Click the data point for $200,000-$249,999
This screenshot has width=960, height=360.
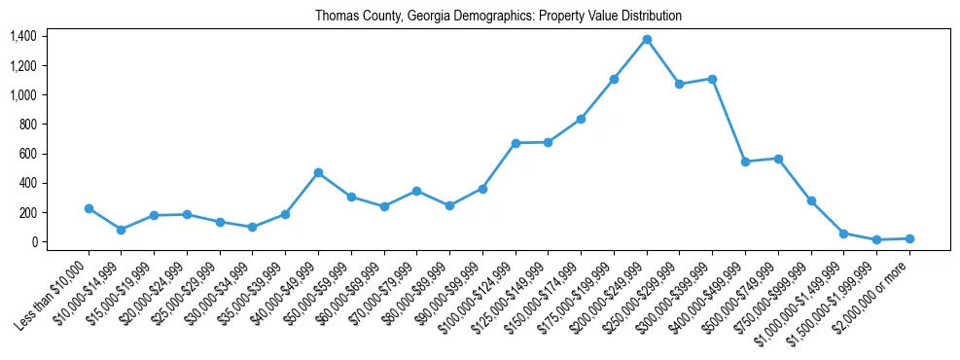(x=647, y=39)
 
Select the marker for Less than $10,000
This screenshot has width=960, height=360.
(x=89, y=208)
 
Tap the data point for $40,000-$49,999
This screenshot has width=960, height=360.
(x=318, y=172)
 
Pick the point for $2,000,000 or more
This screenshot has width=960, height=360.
(x=909, y=238)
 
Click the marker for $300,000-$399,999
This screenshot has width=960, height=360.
(x=712, y=79)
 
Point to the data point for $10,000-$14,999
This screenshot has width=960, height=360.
(x=122, y=230)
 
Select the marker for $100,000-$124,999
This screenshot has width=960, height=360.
(x=516, y=143)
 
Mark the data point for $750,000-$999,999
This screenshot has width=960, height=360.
(x=811, y=200)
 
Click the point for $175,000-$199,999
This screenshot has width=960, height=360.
(x=614, y=79)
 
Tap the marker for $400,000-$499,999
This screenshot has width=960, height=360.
(x=745, y=162)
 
